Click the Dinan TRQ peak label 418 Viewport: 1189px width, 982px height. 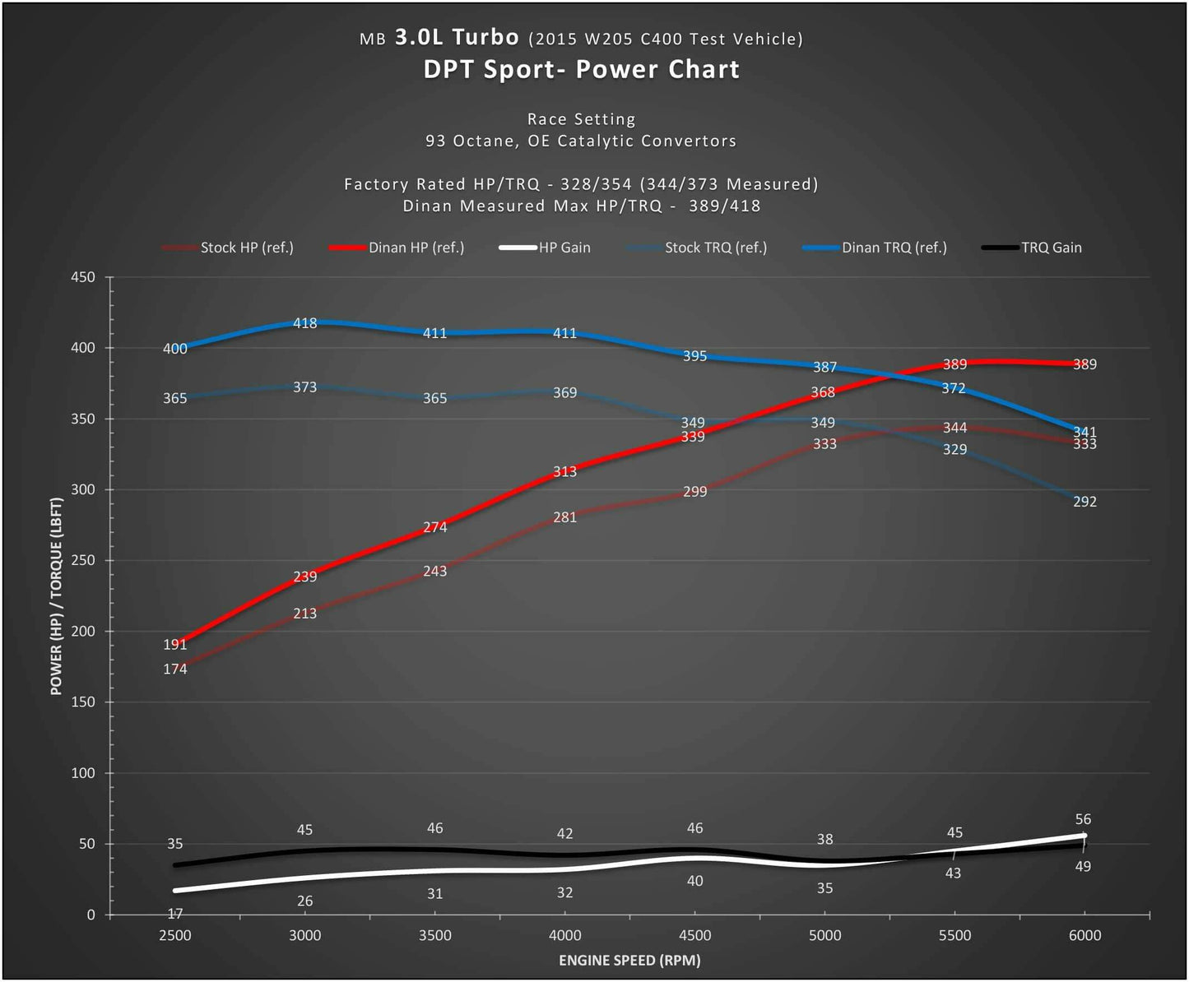tap(304, 323)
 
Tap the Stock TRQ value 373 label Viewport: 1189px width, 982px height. tap(304, 387)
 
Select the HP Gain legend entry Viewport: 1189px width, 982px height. tap(564, 248)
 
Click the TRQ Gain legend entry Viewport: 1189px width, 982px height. tap(1051, 248)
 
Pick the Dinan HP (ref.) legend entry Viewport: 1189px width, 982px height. tap(416, 248)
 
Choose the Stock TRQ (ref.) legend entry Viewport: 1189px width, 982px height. tap(715, 248)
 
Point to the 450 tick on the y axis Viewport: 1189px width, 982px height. tap(83, 277)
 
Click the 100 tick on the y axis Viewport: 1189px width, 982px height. tap(83, 773)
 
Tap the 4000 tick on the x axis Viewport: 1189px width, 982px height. tap(564, 935)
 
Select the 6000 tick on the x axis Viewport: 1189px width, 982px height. tap(1084, 935)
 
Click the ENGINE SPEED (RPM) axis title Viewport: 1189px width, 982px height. tap(629, 960)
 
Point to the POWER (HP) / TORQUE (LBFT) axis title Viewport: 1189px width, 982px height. tap(56, 596)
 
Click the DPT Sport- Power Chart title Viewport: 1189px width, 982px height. tap(581, 69)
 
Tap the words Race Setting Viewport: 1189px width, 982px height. tap(581, 119)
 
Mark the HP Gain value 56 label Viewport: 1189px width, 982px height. tap(1083, 819)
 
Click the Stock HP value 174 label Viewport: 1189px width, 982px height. tap(174, 669)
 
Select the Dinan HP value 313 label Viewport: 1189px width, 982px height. tap(564, 472)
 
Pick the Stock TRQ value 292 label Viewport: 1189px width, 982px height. tap(1084, 502)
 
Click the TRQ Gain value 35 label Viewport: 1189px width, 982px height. tap(174, 844)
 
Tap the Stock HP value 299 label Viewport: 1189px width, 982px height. tap(694, 492)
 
